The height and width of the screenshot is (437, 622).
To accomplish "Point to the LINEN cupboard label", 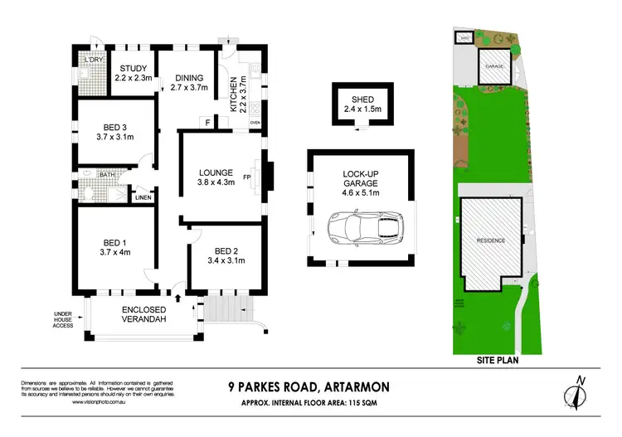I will pyautogui.click(x=143, y=197).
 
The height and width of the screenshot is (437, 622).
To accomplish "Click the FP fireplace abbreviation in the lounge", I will pyautogui.click(x=248, y=176).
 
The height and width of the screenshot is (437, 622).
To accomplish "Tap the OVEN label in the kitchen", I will pyautogui.click(x=255, y=123).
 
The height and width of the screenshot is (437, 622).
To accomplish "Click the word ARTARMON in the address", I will pyautogui.click(x=346, y=386).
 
